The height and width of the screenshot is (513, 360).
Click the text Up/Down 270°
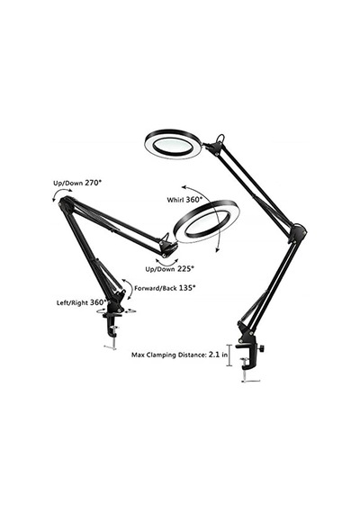[x=77, y=183]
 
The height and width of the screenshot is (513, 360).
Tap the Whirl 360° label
[x=184, y=199]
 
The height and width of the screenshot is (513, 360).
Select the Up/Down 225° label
[x=170, y=269]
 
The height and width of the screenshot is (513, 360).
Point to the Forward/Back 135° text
[x=165, y=288]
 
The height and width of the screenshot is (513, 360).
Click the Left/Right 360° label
[x=82, y=302]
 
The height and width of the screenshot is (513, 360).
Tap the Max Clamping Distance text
[x=168, y=355]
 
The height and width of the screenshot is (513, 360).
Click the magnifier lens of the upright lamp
[x=173, y=144]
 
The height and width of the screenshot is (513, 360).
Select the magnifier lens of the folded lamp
[x=207, y=221]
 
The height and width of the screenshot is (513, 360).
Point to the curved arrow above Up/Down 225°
[x=166, y=264]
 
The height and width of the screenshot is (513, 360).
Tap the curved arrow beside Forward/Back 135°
[x=129, y=288]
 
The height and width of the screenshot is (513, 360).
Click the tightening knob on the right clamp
[x=263, y=349]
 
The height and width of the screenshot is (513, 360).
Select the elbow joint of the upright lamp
[x=297, y=233]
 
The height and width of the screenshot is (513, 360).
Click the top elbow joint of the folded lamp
[x=67, y=202]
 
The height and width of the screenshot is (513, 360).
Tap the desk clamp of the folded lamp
[x=112, y=325]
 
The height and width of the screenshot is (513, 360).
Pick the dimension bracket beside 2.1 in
[x=229, y=355]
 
